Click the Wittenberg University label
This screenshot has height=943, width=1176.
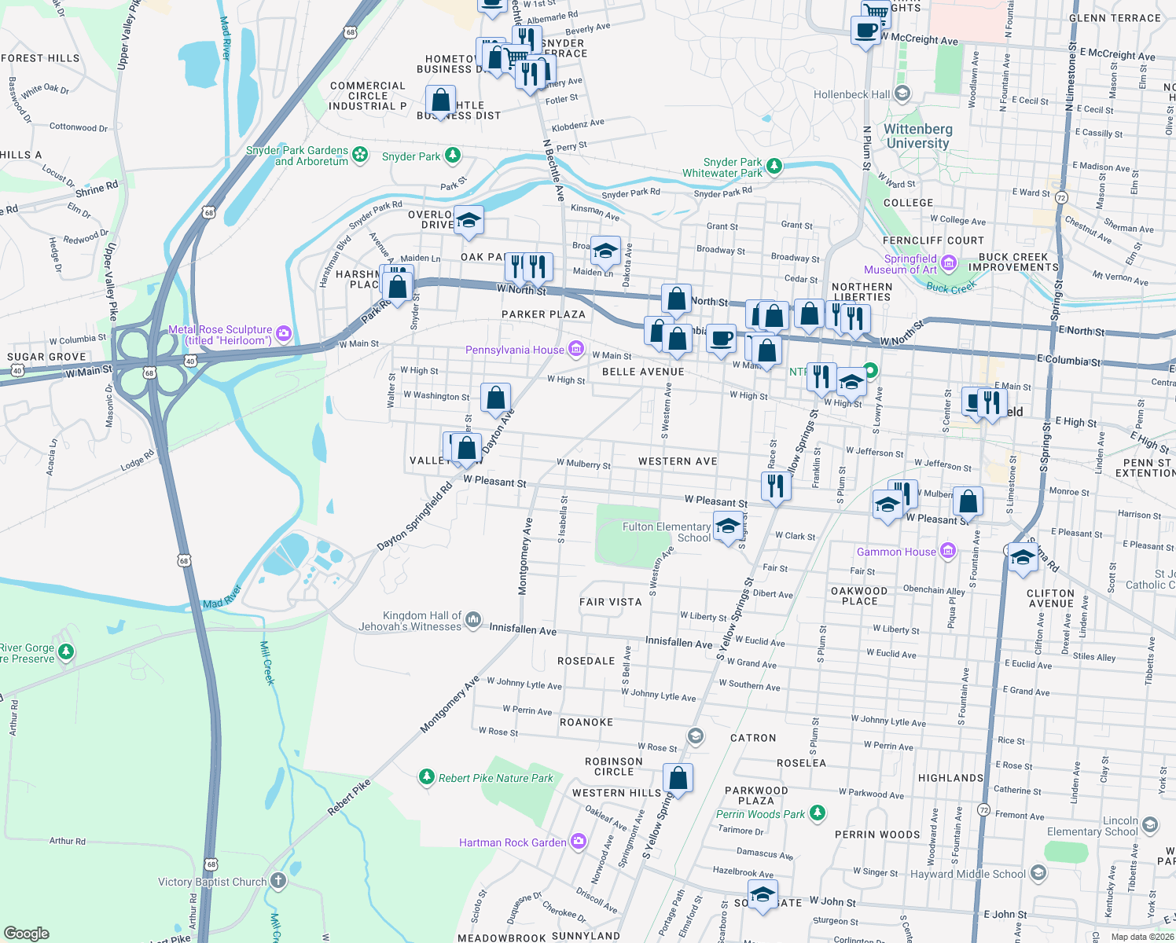[917, 136]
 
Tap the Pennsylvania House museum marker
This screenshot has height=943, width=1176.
[576, 349]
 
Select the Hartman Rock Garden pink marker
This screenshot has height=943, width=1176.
[579, 842]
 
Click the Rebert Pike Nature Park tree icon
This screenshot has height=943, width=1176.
[426, 777]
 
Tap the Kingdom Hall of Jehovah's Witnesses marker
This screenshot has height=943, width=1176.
[473, 620]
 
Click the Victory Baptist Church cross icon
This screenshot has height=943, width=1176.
[278, 881]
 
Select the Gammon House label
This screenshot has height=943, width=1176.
[896, 552]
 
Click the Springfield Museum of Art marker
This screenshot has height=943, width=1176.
[949, 262]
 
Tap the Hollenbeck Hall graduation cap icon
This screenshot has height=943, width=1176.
[902, 94]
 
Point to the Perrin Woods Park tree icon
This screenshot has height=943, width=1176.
[818, 813]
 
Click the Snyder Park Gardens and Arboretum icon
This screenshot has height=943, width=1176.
[360, 154]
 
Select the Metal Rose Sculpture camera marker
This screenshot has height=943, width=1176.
[284, 333]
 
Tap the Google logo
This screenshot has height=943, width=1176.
[27, 933]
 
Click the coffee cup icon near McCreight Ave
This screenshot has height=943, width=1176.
[866, 31]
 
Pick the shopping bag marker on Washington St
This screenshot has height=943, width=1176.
[495, 398]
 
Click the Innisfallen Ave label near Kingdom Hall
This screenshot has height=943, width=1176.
[523, 629]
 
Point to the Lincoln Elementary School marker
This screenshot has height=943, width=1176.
[1150, 824]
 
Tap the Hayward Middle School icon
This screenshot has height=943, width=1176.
[1038, 873]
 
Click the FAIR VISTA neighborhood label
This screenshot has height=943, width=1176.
[611, 602]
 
